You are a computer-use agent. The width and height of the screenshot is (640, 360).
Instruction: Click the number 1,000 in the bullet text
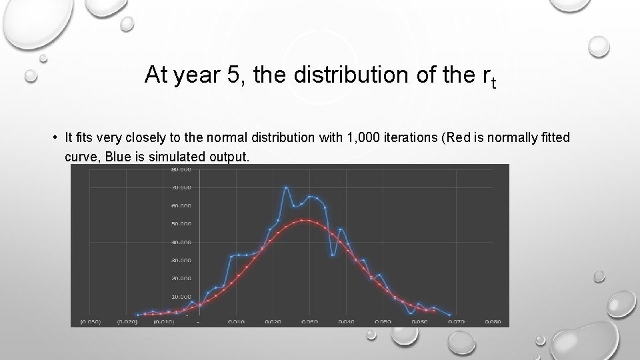[x=361, y=138]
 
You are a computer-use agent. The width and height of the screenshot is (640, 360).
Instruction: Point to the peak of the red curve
[x=304, y=220]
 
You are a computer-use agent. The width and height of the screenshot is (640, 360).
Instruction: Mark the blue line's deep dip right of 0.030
[x=333, y=254]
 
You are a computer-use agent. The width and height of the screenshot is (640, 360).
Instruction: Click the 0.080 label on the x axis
[x=492, y=322]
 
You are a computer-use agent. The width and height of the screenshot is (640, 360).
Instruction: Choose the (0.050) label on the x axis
[x=90, y=322]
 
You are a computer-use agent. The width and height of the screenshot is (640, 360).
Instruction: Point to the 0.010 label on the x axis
[x=236, y=322]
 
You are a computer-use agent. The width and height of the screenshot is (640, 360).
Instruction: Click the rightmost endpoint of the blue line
[x=451, y=315]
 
